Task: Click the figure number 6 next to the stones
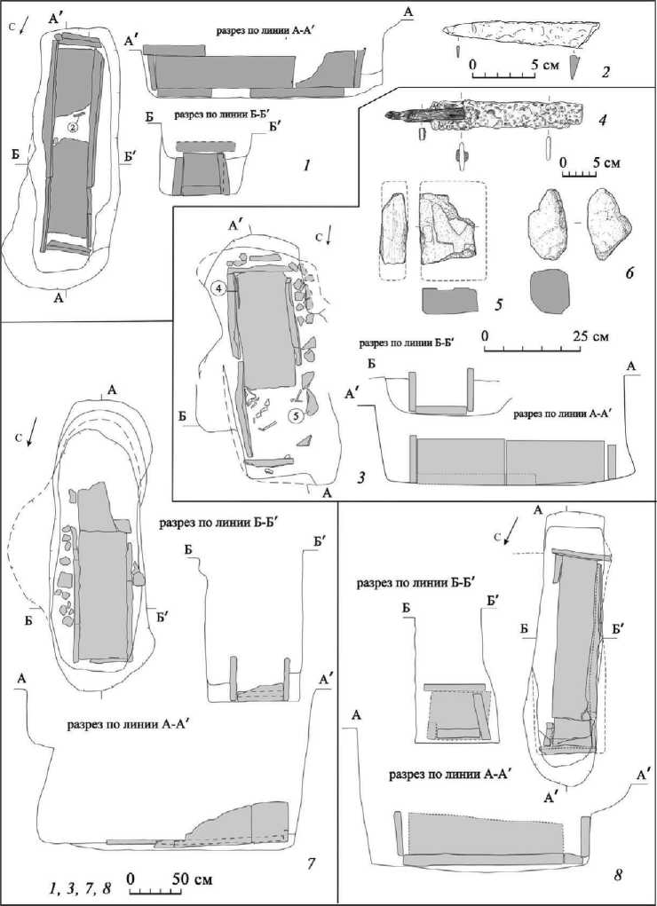(x=629, y=273)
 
